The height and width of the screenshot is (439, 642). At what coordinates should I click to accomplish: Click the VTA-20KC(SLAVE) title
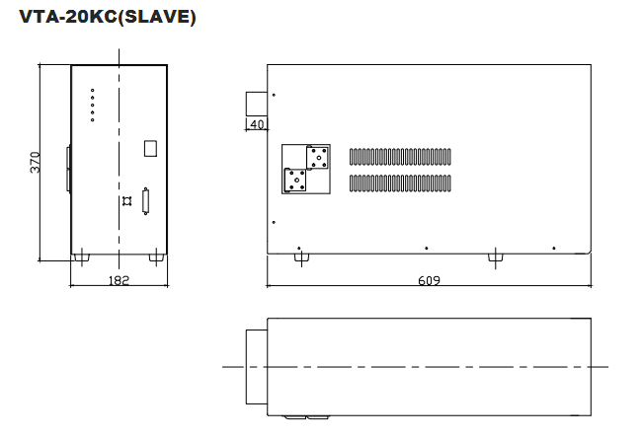point(108,17)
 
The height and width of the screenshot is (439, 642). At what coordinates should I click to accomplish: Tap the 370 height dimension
point(36,162)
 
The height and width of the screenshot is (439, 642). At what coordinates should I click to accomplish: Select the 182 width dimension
point(119,280)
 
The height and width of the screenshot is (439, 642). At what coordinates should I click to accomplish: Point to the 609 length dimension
point(429,280)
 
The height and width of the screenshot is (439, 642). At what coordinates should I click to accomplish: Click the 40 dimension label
point(257,124)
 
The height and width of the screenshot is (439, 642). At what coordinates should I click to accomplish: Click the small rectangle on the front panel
point(151,149)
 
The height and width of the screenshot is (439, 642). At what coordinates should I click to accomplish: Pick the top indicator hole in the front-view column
point(93,91)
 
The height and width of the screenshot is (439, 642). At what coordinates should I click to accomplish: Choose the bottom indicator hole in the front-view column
point(93,120)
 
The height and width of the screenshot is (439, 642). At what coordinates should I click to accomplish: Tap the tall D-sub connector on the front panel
point(145,201)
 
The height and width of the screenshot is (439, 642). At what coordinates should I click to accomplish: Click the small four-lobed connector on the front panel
point(127,201)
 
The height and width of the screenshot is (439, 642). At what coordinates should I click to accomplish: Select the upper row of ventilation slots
point(400,157)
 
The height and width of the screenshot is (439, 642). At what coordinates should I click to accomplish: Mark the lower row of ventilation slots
point(400,183)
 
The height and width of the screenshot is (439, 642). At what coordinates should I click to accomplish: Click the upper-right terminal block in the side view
point(318,158)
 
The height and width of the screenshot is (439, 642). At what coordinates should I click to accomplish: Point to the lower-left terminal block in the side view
point(295,180)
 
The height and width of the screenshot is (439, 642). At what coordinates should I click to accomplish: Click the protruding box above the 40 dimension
point(257,104)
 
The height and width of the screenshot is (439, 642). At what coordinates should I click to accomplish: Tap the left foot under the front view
point(81,257)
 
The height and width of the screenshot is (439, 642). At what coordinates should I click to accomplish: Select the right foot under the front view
point(156,257)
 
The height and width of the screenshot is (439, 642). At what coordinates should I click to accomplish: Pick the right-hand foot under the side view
point(496,257)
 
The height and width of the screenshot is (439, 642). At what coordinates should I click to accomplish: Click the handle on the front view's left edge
point(69,168)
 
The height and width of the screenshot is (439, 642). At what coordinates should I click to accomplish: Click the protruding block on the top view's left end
point(257,367)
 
